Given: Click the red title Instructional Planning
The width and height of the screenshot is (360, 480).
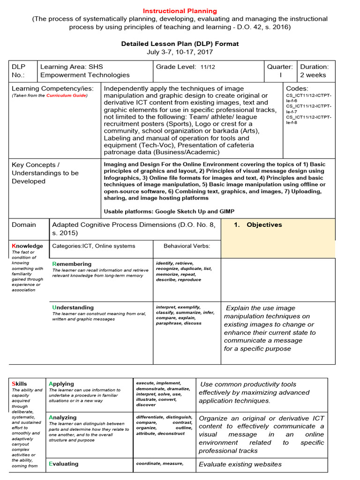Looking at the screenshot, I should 180,11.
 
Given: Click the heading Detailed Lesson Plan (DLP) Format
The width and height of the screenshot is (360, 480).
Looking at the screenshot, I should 180,44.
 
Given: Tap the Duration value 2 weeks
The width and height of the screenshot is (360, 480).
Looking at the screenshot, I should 313,75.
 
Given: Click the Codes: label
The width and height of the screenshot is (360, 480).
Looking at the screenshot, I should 297,88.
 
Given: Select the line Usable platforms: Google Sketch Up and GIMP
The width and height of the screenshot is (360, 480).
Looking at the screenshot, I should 169,211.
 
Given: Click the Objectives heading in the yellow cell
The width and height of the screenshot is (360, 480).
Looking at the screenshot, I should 264,225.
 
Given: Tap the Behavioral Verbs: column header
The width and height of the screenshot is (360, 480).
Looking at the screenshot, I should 187,246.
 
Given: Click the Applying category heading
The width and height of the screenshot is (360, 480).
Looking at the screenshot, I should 61,383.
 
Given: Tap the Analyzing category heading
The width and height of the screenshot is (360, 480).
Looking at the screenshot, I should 62,417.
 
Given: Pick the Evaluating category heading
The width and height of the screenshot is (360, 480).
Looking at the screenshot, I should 63,464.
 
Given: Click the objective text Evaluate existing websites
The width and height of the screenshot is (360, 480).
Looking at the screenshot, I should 240,464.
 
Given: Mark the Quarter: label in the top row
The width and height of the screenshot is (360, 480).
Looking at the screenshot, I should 280,67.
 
